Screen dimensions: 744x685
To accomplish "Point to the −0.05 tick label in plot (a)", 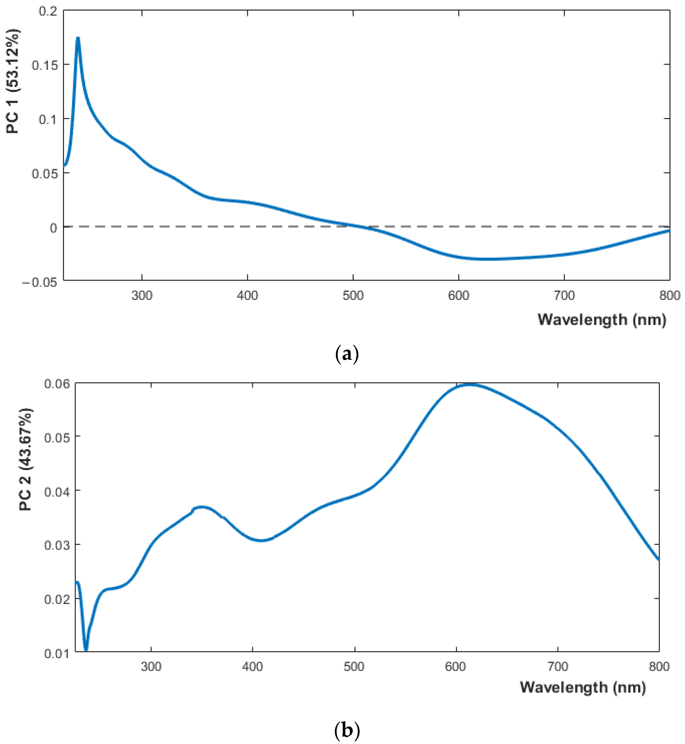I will click(x=40, y=283).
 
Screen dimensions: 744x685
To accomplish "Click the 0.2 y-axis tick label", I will click(x=48, y=11).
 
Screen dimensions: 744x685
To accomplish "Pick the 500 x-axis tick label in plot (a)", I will click(x=353, y=296).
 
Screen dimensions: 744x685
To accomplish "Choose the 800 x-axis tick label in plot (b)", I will click(x=659, y=667).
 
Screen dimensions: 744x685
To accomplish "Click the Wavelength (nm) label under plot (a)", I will click(x=602, y=320).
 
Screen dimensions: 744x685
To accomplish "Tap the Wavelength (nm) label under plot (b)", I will click(x=583, y=688).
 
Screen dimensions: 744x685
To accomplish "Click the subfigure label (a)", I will click(x=347, y=354).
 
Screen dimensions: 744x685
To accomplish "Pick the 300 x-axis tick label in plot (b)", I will click(x=151, y=667).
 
